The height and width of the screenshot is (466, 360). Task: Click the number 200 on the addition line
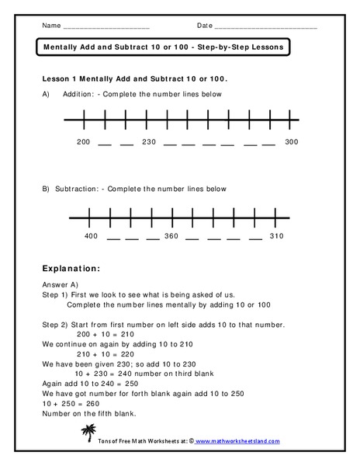click(84, 142)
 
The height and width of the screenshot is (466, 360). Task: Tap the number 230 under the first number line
click(150, 142)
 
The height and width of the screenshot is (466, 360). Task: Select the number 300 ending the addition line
click(291, 142)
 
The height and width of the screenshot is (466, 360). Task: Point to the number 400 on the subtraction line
click(92, 235)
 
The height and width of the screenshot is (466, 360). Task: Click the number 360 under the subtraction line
click(171, 235)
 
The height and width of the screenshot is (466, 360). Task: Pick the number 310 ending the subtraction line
click(276, 235)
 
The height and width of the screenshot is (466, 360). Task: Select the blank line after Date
click(265, 26)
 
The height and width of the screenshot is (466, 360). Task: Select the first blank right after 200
click(106, 144)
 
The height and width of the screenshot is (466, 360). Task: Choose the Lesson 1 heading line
click(139, 79)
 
